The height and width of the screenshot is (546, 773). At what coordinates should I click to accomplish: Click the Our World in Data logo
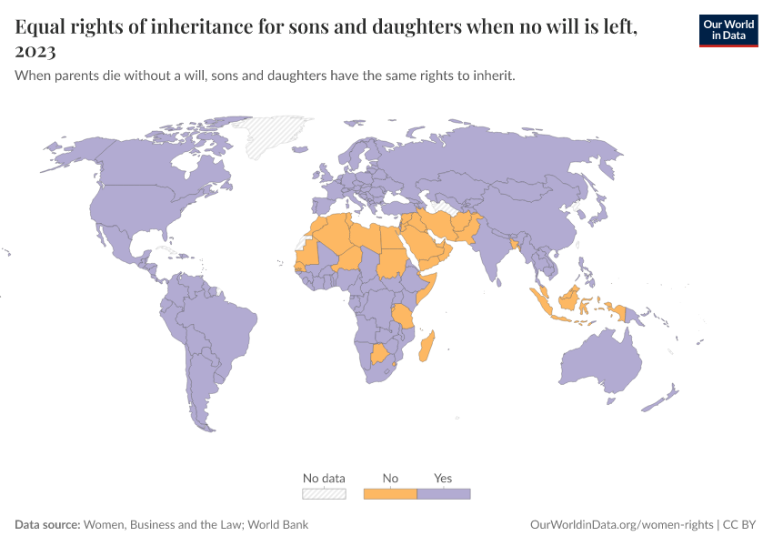(728, 29)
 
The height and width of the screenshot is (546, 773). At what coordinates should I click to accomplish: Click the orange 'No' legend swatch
(390, 493)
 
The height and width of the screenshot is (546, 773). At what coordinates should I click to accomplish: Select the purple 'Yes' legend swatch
(443, 493)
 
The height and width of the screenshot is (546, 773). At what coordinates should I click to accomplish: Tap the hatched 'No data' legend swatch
(324, 493)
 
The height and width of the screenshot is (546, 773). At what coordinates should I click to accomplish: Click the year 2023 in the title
(35, 52)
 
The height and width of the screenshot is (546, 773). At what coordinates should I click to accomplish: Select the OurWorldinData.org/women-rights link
(622, 525)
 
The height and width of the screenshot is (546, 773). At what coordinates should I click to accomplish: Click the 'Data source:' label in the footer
(47, 525)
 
